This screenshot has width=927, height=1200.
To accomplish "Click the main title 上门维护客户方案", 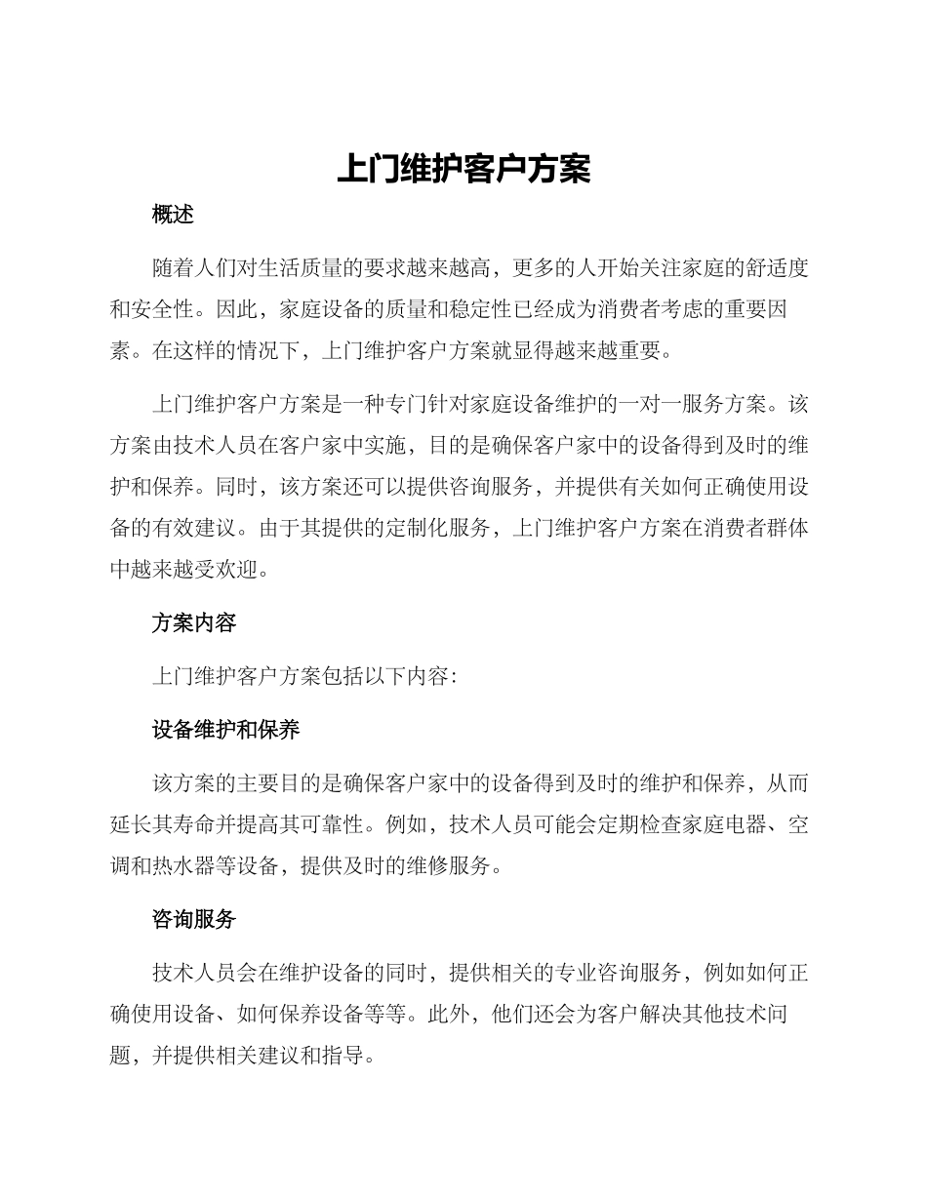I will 463,168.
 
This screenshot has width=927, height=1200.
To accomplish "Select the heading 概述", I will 173,215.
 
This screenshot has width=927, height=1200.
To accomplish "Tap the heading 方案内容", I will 193,622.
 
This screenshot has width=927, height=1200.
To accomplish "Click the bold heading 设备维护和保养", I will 225,730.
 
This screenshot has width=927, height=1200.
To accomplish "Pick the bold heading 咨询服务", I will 193,919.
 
